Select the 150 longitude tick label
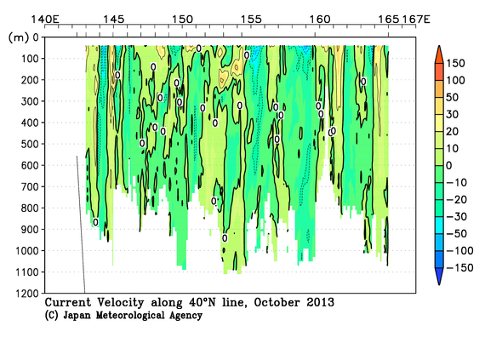point(181,18)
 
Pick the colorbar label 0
point(453,164)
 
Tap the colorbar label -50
point(458,232)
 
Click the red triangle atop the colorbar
point(437,54)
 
